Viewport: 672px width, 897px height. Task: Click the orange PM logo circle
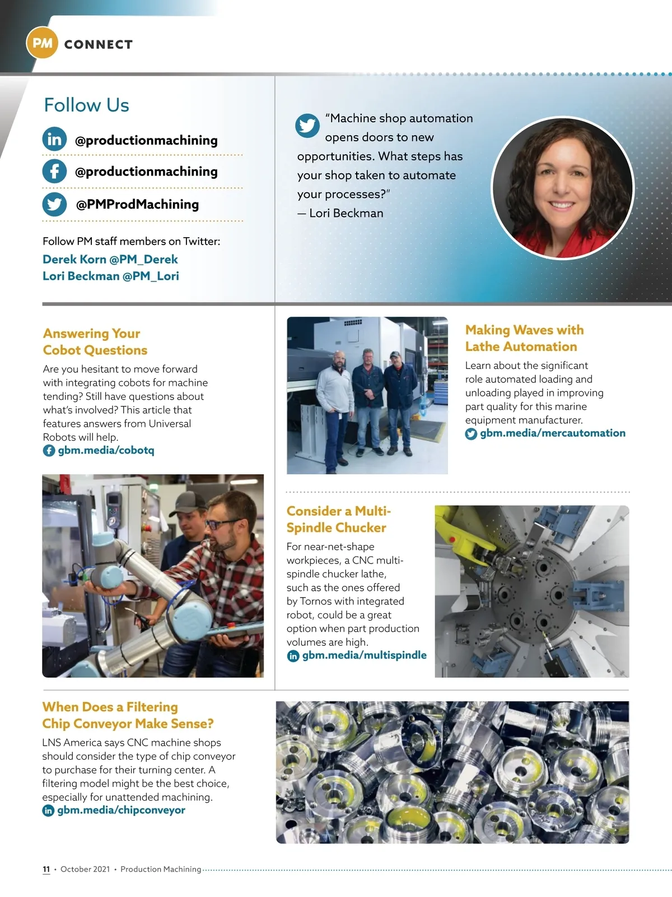[42, 43]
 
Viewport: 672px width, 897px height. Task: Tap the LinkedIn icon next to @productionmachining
[54, 139]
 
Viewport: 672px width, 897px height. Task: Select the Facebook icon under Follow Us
[54, 171]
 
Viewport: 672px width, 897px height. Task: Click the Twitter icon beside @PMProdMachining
[54, 204]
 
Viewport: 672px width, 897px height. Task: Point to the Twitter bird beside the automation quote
[307, 126]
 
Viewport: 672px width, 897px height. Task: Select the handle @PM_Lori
[151, 276]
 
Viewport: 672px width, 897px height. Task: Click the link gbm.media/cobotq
[106, 450]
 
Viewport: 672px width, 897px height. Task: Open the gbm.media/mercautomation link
[552, 433]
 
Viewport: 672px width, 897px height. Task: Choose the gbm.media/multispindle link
[364, 655]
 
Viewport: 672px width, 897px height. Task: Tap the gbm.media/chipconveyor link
[121, 810]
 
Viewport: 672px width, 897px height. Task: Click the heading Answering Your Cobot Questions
[95, 342]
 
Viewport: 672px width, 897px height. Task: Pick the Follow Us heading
[86, 105]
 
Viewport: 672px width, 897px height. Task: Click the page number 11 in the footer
[46, 869]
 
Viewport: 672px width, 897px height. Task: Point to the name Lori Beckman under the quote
[346, 213]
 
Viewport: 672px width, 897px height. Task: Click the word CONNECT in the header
[99, 44]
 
